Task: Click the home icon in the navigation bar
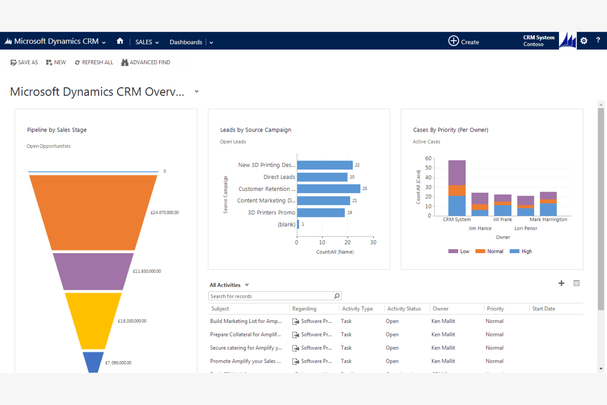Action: click(120, 41)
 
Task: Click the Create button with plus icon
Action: click(463, 41)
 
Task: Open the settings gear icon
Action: click(584, 41)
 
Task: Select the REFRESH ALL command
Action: click(94, 62)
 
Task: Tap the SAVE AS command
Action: click(24, 62)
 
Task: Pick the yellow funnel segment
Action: click(93, 320)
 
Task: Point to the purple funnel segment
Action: click(93, 271)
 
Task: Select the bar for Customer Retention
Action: click(329, 189)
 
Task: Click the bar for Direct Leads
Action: click(322, 177)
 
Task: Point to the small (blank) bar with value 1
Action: click(298, 224)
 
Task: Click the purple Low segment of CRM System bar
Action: click(456, 172)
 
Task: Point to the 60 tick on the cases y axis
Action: click(428, 158)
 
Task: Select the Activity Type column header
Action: click(357, 309)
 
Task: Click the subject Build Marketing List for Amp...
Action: click(246, 321)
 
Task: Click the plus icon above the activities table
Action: click(561, 283)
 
